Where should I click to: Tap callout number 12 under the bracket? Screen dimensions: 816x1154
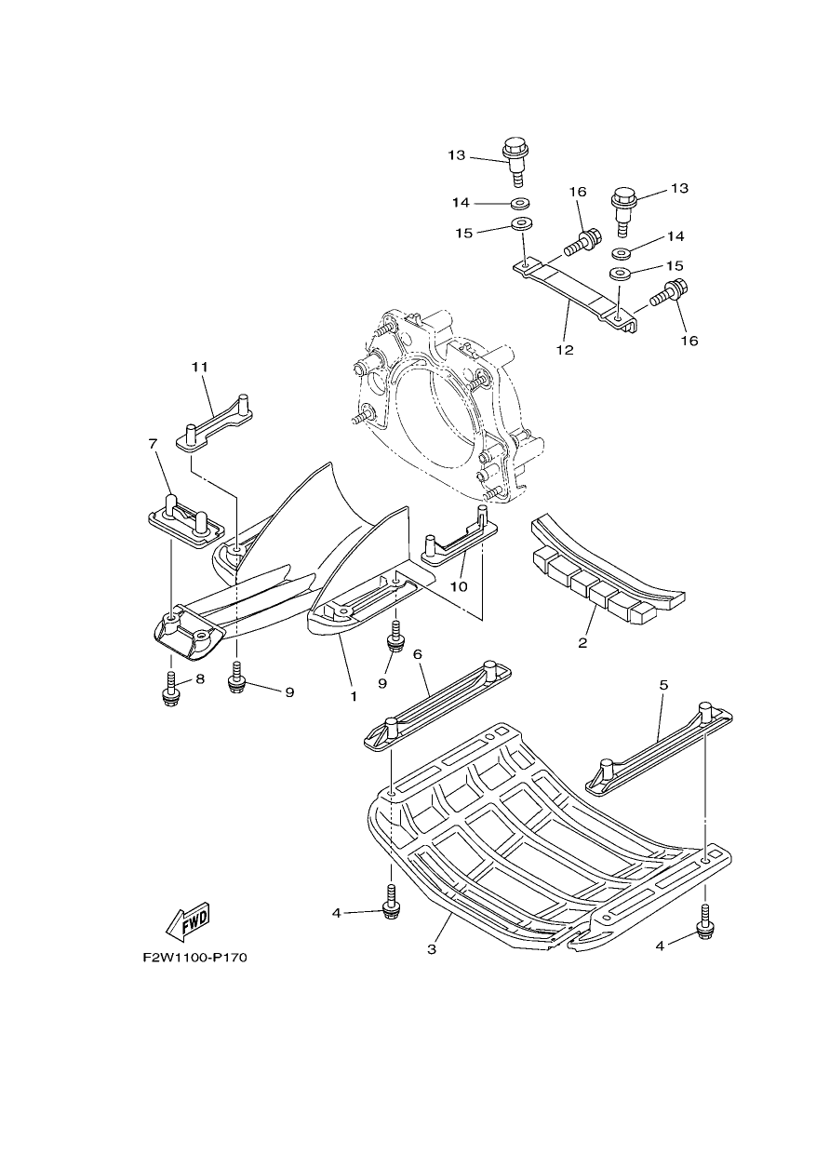point(565,350)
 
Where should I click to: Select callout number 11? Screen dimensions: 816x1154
point(200,367)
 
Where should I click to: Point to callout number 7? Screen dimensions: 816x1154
point(153,444)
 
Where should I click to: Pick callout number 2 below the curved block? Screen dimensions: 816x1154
point(582,643)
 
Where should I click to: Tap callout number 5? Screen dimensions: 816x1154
point(663,685)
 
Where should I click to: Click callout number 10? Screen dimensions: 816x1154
point(459,586)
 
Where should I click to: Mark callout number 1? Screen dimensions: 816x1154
point(354,696)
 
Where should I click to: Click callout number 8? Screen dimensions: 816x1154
point(200,679)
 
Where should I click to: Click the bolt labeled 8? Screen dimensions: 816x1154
point(171,690)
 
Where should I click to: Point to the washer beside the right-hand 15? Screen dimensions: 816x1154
point(621,273)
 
